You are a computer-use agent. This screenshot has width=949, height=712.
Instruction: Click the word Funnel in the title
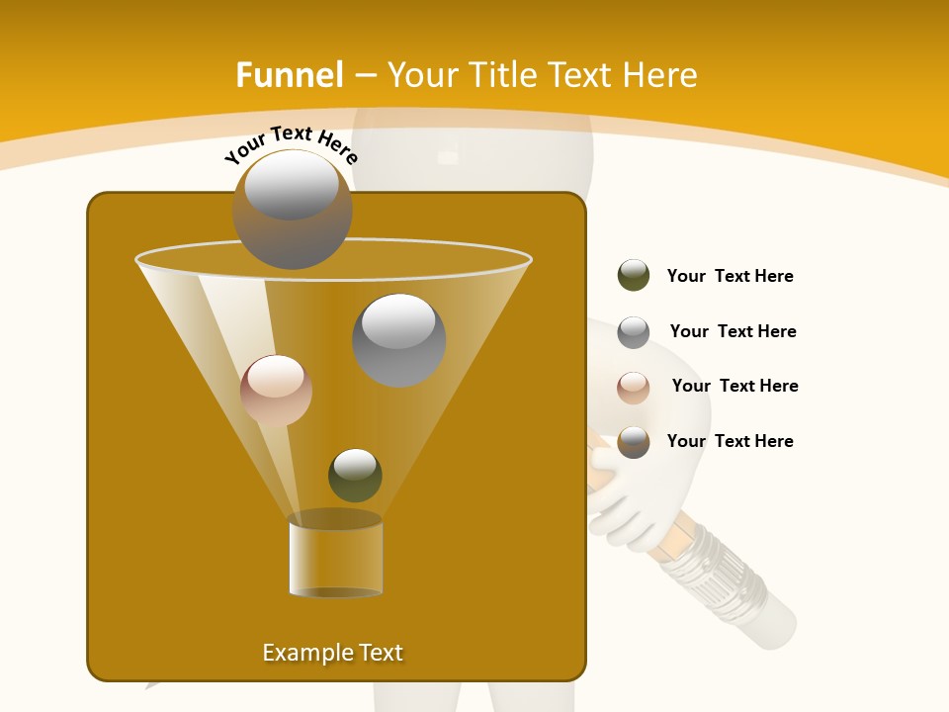click(290, 75)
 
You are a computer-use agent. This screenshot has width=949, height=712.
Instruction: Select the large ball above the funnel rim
click(292, 209)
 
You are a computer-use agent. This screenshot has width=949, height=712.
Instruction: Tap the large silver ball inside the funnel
click(398, 339)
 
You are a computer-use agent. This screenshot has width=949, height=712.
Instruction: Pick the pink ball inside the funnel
click(276, 391)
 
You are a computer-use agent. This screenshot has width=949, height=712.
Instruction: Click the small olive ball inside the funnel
click(355, 475)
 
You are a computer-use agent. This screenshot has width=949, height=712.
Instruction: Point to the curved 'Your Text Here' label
click(291, 143)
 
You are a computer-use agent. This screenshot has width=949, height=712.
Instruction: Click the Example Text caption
click(333, 653)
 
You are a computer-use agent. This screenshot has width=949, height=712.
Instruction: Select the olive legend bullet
click(633, 276)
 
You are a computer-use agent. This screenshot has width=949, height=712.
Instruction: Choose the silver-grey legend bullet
click(633, 331)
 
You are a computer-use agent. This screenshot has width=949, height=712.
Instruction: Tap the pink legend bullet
click(633, 387)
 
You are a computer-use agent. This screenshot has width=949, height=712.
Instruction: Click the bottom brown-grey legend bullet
click(633, 442)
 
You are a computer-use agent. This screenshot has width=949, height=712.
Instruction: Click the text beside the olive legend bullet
click(730, 276)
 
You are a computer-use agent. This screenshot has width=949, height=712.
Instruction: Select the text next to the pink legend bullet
click(734, 386)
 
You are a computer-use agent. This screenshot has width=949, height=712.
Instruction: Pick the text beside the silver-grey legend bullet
click(733, 331)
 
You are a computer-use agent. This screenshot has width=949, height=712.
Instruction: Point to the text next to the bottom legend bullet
click(730, 441)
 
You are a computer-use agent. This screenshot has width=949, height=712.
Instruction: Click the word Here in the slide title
click(660, 75)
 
